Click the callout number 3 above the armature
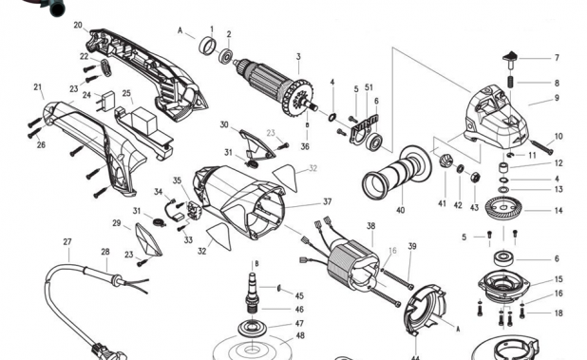(297, 57)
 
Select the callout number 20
(78, 25)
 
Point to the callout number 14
(558, 210)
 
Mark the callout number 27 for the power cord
(67, 242)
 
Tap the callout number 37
(327, 201)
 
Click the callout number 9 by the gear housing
(558, 98)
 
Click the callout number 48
(299, 335)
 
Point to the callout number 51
(369, 88)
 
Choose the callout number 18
(558, 313)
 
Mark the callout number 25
(126, 95)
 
